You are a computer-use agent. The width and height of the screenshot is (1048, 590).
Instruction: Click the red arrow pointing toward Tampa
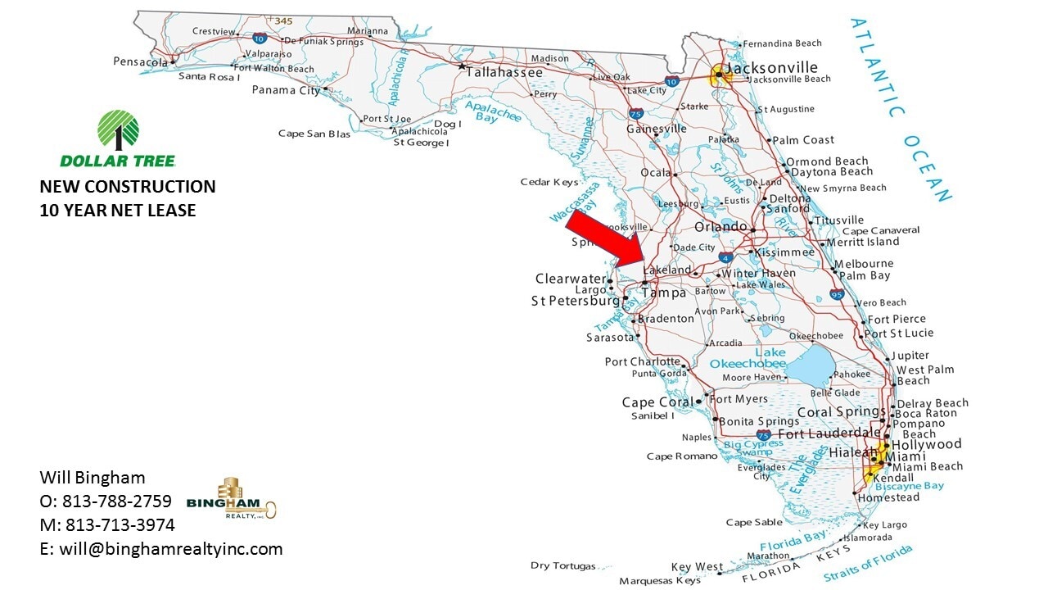(607, 239)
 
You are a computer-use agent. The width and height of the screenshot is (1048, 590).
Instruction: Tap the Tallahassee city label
(504, 72)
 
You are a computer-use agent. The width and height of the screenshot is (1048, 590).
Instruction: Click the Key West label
(697, 567)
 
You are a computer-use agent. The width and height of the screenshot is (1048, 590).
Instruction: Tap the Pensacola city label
(140, 61)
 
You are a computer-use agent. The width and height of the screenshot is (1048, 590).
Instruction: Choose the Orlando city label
(720, 226)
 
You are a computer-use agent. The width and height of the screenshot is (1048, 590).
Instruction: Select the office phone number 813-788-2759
(117, 501)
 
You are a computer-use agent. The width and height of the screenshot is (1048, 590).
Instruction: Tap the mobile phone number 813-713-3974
(120, 525)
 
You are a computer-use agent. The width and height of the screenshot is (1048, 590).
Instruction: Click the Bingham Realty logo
(232, 497)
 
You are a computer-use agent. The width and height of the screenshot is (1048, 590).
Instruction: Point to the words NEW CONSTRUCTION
(128, 187)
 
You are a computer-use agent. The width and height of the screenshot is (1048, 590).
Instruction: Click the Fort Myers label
(739, 399)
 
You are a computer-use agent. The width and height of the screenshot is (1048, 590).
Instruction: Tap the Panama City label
(286, 90)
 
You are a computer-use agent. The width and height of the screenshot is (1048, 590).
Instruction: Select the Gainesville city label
(657, 129)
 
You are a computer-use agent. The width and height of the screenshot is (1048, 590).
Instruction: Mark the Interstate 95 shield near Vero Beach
(836, 293)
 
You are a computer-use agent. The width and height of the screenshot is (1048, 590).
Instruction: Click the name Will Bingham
(93, 478)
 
